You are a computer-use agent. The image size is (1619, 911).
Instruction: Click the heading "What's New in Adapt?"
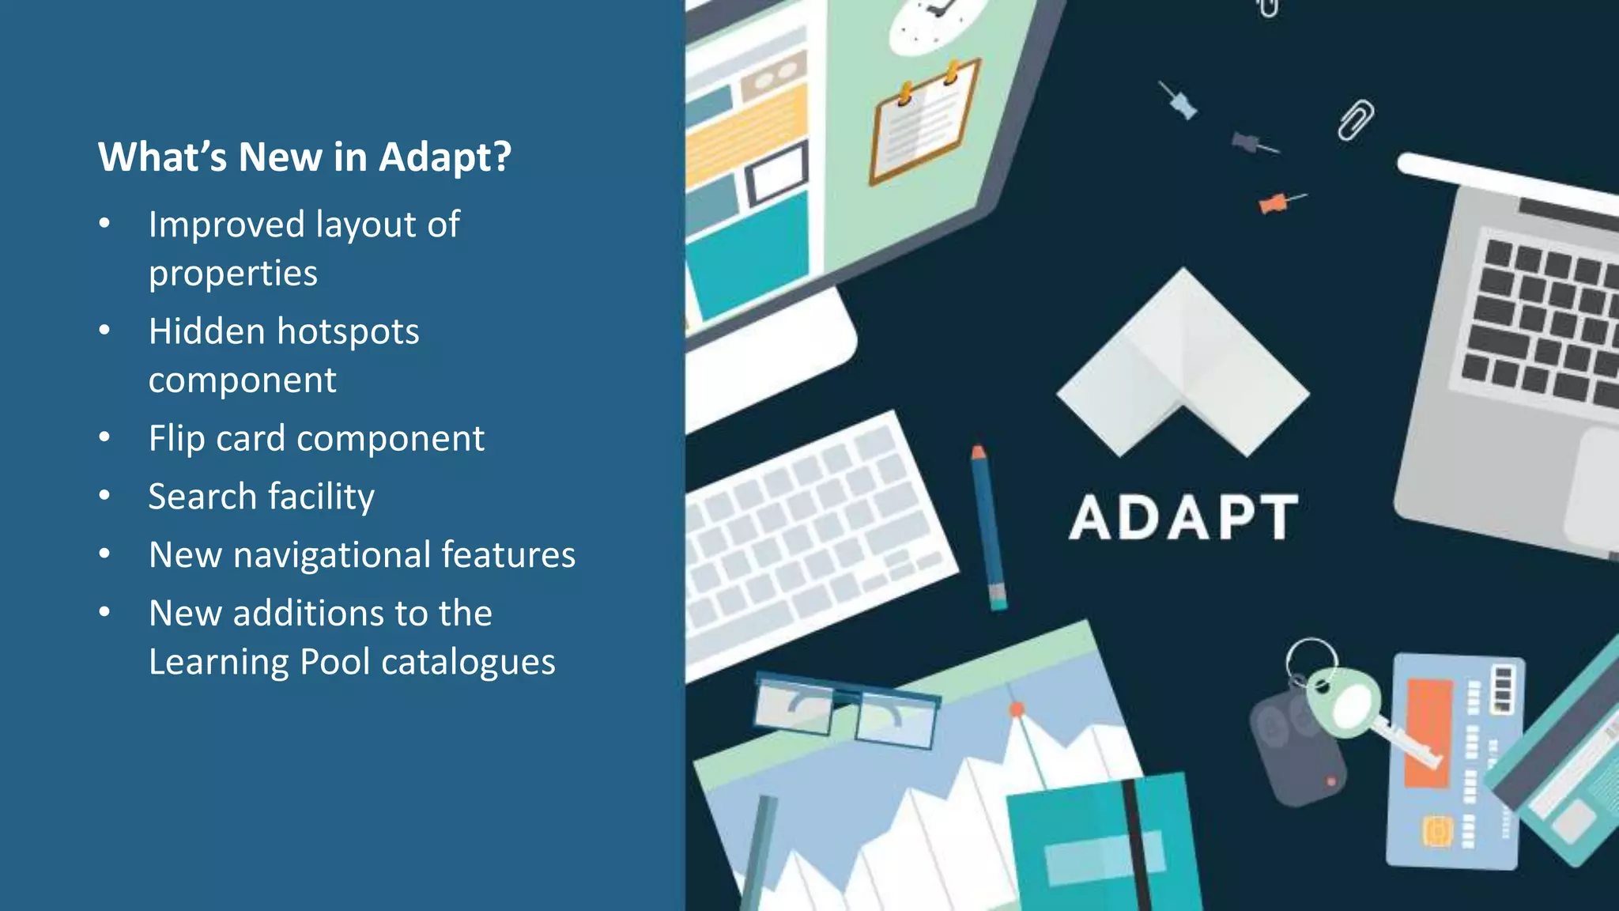pyautogui.click(x=304, y=157)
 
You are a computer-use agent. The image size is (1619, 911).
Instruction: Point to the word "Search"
pyautogui.click(x=202, y=497)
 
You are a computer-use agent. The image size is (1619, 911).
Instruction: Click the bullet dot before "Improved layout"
pyautogui.click(x=104, y=225)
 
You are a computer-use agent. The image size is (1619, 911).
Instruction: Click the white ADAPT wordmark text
pyautogui.click(x=1183, y=518)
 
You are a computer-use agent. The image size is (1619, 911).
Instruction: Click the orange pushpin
pyautogui.click(x=1274, y=204)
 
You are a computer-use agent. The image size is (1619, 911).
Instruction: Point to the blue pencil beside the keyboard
pyautogui.click(x=988, y=526)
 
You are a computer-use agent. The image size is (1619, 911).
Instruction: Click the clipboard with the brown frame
pyautogui.click(x=923, y=123)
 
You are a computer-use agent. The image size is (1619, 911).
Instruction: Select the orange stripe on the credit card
pyautogui.click(x=1428, y=731)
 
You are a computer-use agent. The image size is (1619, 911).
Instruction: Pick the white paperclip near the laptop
pyautogui.click(x=1355, y=120)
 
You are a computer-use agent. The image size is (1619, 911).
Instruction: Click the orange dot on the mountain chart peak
pyautogui.click(x=1017, y=709)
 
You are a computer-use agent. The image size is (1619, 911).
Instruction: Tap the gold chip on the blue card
pyautogui.click(x=1438, y=831)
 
